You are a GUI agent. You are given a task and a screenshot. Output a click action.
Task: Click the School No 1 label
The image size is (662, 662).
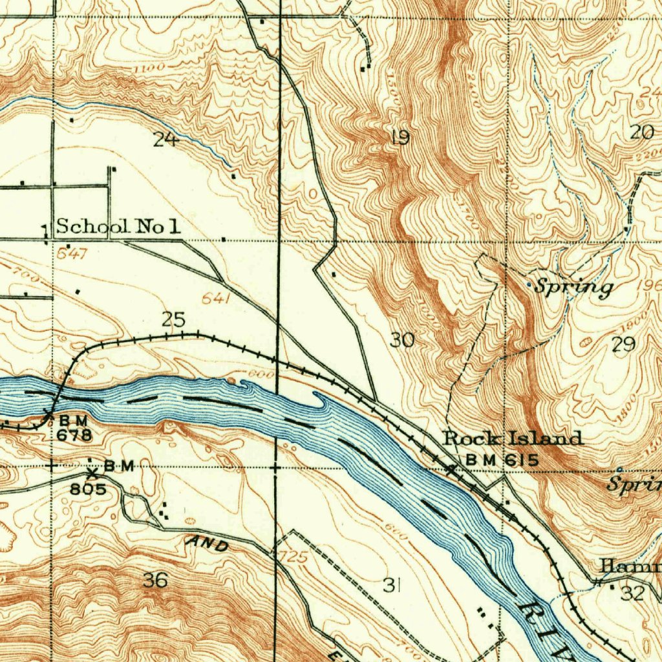tap(118, 226)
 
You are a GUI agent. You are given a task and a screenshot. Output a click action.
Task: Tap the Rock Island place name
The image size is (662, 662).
tap(513, 438)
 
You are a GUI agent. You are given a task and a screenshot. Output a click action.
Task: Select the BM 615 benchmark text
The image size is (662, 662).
tap(502, 460)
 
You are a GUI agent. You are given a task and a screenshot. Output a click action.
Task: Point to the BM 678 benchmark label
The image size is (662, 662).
tap(74, 429)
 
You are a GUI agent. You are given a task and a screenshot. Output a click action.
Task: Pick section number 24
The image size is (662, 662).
tap(165, 138)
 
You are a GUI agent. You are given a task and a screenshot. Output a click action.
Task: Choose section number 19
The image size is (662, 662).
tap(401, 137)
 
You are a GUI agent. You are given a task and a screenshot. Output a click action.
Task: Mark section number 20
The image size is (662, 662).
tap(641, 133)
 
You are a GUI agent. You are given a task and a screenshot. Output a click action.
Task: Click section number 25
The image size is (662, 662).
tap(173, 319)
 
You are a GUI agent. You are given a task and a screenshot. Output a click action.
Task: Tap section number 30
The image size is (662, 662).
tap(401, 339)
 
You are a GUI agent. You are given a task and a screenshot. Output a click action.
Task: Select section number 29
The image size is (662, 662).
tap(623, 344)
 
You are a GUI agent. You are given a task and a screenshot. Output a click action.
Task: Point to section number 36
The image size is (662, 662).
tap(155, 580)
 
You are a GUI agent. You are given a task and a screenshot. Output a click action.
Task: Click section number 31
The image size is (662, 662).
tap(390, 585)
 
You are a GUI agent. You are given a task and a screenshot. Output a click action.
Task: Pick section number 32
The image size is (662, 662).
tap(632, 593)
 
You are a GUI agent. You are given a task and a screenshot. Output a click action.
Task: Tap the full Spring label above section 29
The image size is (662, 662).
tap(573, 287)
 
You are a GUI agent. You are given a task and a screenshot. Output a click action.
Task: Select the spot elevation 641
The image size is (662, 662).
tap(215, 298)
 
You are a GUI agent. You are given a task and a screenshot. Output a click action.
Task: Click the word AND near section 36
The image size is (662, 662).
tap(206, 545)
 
